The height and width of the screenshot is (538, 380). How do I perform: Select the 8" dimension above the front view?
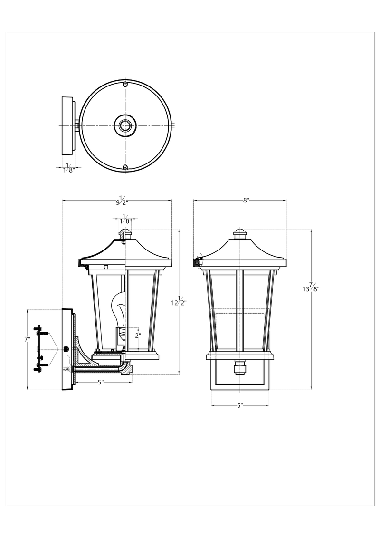click(246, 200)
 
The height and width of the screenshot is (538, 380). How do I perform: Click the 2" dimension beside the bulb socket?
click(138, 335)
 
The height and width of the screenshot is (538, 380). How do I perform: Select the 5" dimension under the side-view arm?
click(100, 382)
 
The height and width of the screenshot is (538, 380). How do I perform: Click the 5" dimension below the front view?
click(240, 405)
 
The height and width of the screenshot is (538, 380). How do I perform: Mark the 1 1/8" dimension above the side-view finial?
click(125, 219)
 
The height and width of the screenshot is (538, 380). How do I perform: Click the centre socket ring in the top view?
click(125, 125)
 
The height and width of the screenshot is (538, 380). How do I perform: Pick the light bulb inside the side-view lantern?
click(118, 309)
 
